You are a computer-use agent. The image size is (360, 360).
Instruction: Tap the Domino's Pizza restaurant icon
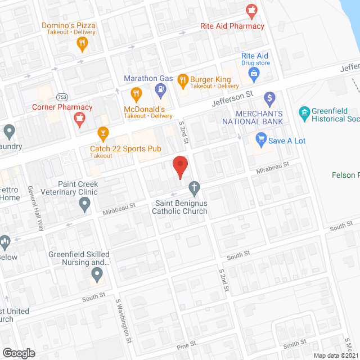pyautogui.click(x=83, y=44)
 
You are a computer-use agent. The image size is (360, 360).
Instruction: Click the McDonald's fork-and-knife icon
pyautogui.click(x=136, y=93)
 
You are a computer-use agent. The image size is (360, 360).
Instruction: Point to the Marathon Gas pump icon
pyautogui.click(x=161, y=89)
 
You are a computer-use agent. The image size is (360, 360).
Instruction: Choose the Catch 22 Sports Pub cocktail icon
pyautogui.click(x=102, y=133)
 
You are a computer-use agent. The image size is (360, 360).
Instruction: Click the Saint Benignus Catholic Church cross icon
pyautogui.click(x=194, y=187)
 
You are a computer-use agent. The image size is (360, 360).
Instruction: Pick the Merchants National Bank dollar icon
pyautogui.click(x=269, y=98)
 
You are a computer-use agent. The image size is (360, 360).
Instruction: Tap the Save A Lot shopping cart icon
pyautogui.click(x=260, y=138)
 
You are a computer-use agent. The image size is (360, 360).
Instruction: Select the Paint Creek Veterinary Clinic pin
pyautogui.click(x=85, y=205)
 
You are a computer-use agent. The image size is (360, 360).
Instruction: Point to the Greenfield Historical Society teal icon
pyautogui.click(x=305, y=115)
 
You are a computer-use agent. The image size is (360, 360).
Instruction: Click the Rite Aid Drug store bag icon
pyautogui.click(x=254, y=73)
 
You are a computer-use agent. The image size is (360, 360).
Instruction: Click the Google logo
pyautogui.click(x=18, y=353)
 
